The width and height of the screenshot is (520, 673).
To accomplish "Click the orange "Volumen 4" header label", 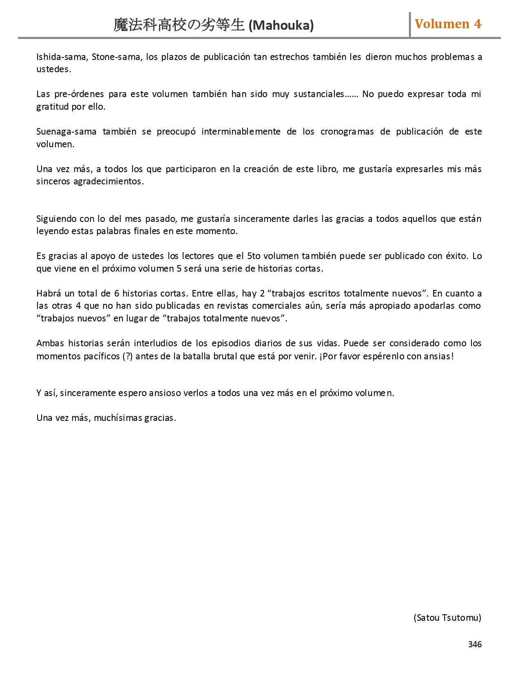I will (448, 24).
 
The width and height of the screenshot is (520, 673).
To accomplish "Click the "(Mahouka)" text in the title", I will (281, 26).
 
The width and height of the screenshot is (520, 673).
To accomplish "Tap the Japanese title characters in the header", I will (179, 25).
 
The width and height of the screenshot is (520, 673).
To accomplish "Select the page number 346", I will (475, 644).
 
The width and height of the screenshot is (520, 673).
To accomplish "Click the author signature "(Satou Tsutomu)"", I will (447, 618).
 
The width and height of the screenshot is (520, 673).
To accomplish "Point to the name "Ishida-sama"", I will (61, 57).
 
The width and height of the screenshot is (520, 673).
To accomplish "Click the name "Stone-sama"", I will (116, 57).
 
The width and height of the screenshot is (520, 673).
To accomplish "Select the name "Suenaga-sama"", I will (66, 132).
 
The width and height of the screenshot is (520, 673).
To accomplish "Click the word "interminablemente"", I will (241, 132).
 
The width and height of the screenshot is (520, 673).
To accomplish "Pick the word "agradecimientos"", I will (108, 182).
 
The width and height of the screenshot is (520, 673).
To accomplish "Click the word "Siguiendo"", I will (55, 219).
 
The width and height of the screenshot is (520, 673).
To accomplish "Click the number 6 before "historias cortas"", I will (117, 294).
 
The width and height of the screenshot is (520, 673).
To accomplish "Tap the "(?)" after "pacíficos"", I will (127, 356).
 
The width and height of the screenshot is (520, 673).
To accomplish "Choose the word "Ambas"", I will (50, 343).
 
